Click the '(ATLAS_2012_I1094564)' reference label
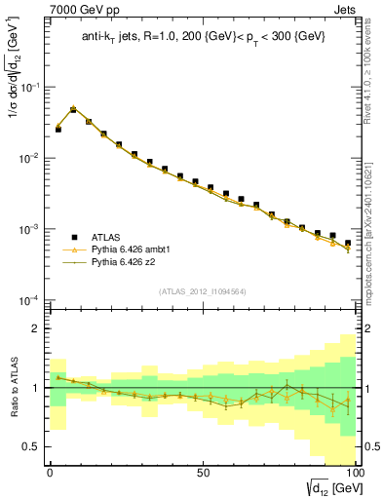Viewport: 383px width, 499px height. pyautogui.click(x=202, y=290)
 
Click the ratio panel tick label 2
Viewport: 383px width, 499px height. pyautogui.click(x=35, y=329)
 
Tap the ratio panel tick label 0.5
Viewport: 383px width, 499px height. pyautogui.click(x=31, y=446)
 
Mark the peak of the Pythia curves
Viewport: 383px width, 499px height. pyautogui.click(x=73, y=109)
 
